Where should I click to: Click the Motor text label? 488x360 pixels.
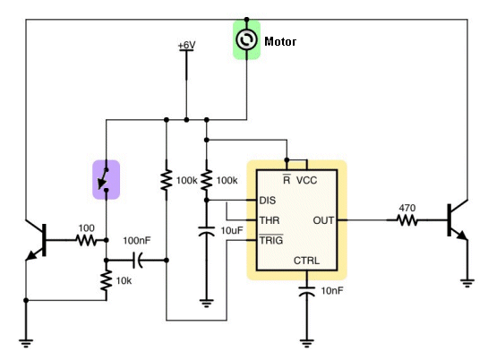tap(280, 41)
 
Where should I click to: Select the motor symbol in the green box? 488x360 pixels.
tap(246, 39)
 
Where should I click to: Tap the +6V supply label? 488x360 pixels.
tap(186, 46)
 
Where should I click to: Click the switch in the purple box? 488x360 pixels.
tap(104, 180)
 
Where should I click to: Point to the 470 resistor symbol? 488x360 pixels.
tap(407, 220)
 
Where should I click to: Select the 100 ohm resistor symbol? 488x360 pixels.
tap(87, 240)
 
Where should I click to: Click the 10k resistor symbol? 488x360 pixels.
tap(107, 280)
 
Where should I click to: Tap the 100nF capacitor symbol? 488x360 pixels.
tap(138, 260)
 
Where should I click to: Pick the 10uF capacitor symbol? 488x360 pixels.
tap(206, 232)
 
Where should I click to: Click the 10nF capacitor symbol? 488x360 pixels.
tap(306, 292)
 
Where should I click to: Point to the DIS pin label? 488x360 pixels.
tap(268, 201)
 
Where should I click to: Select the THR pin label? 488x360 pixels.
tap(270, 220)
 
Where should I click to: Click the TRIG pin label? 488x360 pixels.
tap(271, 240)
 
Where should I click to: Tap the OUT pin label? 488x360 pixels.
tap(323, 220)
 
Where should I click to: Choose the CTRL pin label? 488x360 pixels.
tap(306, 261)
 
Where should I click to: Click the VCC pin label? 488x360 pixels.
tap(306, 180)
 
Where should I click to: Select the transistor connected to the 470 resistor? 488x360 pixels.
tap(457, 220)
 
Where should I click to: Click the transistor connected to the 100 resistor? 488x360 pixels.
tap(36, 240)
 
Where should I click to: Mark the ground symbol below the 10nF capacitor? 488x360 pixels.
tap(306, 343)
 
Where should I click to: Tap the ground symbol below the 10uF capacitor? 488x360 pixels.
tap(206, 303)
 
